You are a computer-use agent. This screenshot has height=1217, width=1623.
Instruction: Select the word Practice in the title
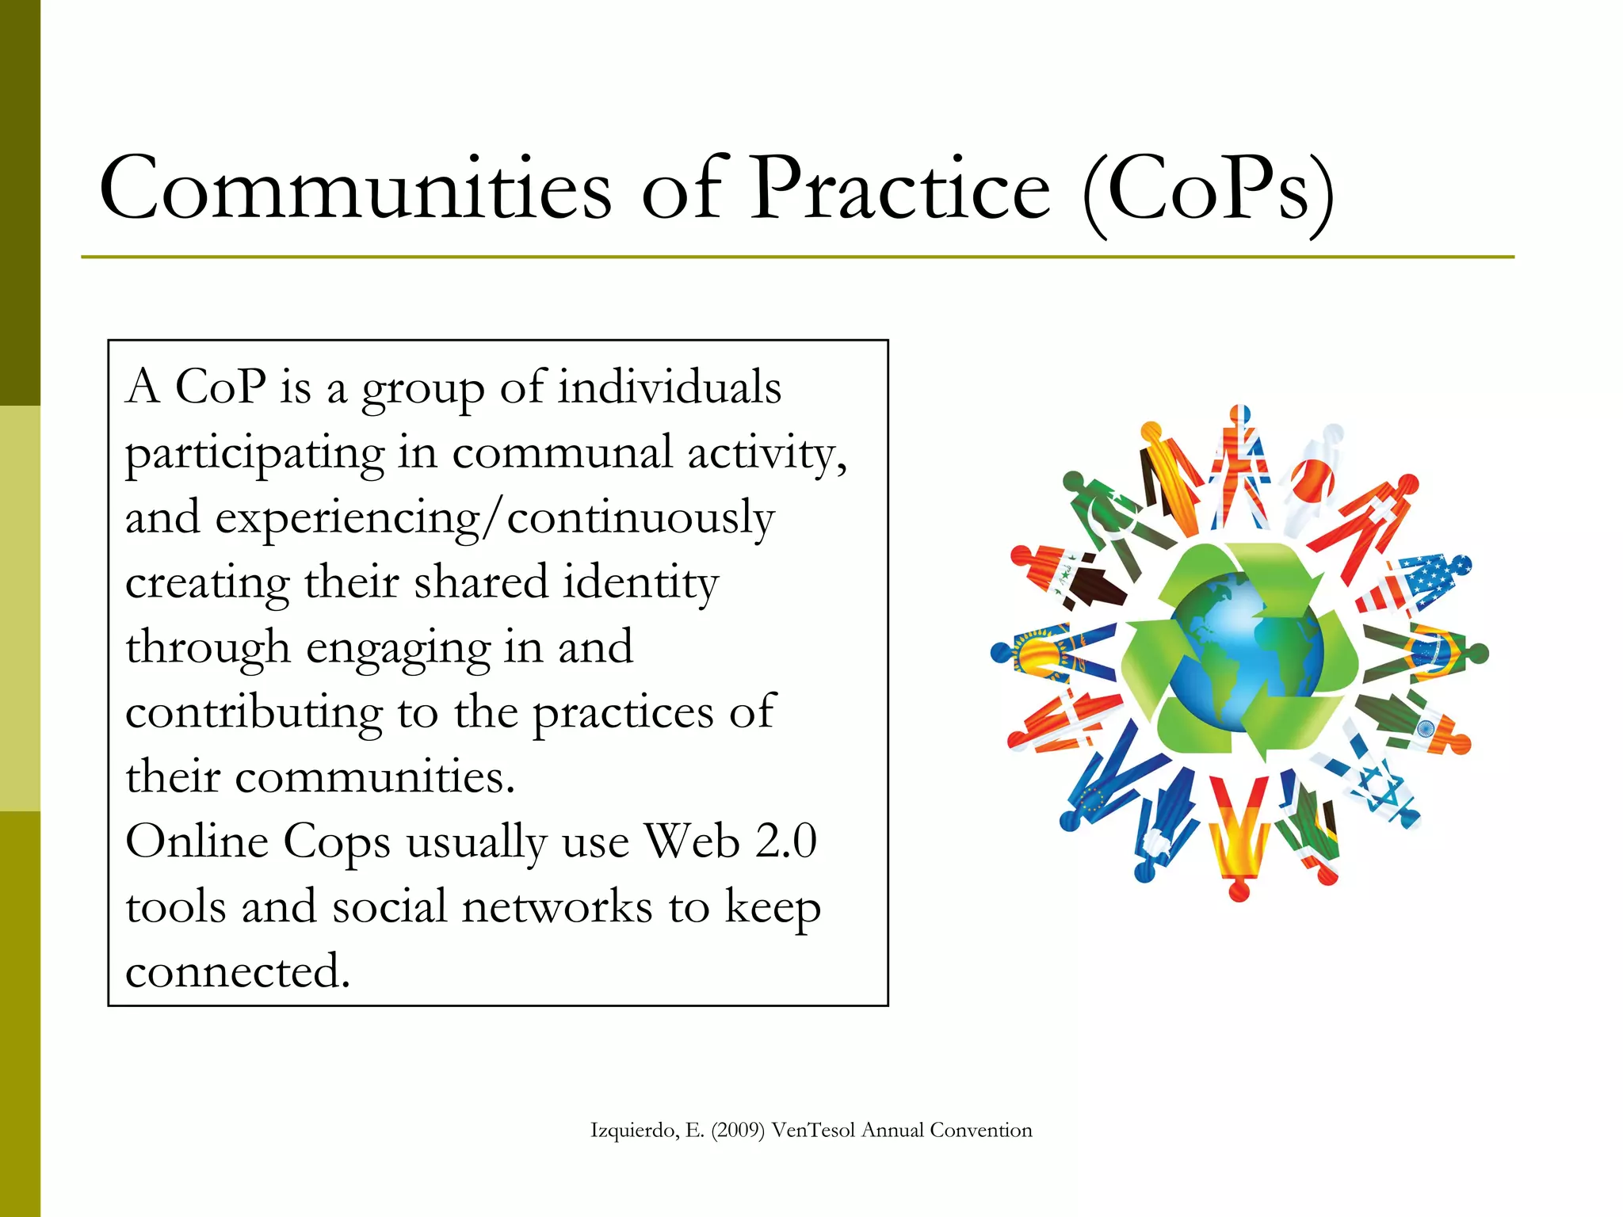(900, 189)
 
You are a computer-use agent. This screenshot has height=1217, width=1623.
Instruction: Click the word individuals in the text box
(670, 387)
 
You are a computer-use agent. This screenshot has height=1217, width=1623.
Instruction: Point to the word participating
(254, 455)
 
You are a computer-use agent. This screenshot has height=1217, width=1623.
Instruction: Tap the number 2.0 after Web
(785, 841)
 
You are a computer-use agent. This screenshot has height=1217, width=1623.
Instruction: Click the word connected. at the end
(238, 971)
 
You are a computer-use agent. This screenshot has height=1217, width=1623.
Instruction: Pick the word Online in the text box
(197, 841)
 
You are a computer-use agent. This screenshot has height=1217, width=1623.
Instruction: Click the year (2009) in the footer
(738, 1131)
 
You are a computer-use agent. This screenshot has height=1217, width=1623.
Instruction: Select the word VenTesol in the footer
(814, 1131)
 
